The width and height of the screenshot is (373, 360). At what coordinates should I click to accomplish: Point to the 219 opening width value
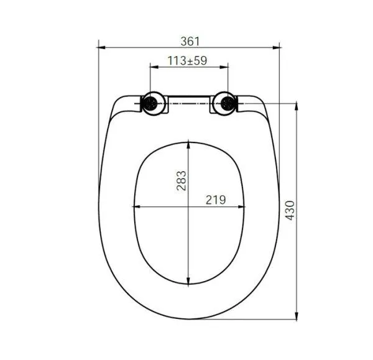coord(216,200)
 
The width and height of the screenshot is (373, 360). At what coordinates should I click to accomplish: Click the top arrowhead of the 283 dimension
coord(189,144)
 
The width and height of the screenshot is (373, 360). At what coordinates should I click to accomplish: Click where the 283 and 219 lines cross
coord(189,206)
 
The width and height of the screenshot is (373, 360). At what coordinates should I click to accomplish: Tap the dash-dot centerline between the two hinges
coord(189,103)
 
